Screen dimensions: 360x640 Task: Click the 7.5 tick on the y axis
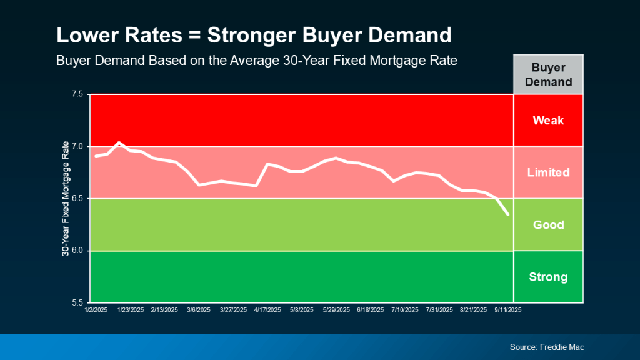(x=77, y=94)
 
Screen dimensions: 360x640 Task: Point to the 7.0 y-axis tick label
(x=77, y=146)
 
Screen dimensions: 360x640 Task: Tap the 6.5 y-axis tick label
(x=77, y=199)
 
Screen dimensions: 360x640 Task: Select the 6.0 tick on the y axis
(x=77, y=251)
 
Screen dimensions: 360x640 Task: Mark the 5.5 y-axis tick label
(x=77, y=303)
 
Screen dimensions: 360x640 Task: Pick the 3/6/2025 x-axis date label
(x=198, y=309)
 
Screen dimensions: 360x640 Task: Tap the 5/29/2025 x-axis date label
(x=336, y=309)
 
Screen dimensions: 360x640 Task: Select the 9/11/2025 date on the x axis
(x=507, y=309)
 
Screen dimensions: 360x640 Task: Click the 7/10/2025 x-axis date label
(x=404, y=309)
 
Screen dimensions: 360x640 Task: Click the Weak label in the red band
(x=548, y=121)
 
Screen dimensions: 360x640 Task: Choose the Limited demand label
(x=548, y=172)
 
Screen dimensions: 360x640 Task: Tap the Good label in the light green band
(x=548, y=225)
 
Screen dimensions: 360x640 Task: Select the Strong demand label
(x=548, y=277)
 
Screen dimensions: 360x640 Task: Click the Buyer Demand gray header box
(x=548, y=74)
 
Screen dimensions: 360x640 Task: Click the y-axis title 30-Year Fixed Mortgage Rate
(x=65, y=199)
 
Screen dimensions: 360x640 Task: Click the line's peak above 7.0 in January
(x=119, y=142)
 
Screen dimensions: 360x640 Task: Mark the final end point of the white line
(x=507, y=214)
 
